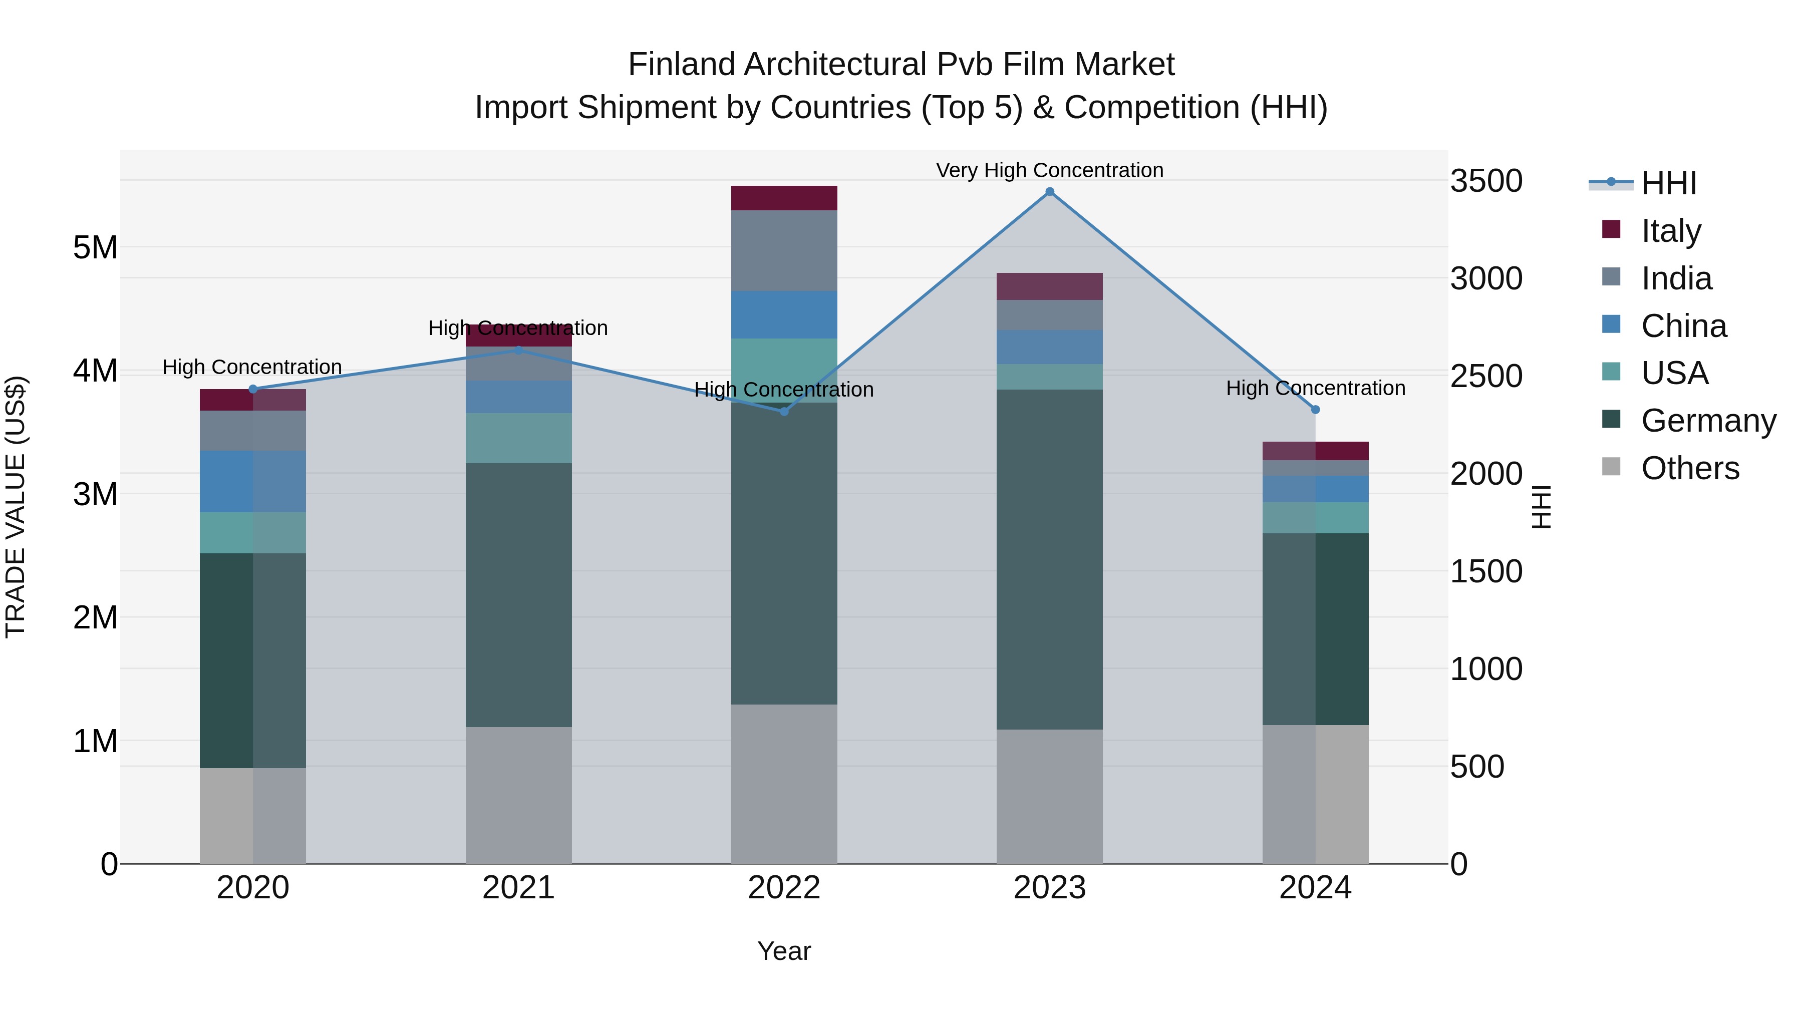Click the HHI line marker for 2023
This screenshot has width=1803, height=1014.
click(x=1049, y=192)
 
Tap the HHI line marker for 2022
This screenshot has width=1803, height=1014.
click(x=784, y=412)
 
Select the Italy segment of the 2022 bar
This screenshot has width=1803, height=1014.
click(x=784, y=198)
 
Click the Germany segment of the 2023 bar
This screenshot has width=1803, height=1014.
click(x=1049, y=560)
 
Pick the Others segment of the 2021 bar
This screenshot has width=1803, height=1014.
click(x=519, y=795)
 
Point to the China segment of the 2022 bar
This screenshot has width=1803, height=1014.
click(x=784, y=315)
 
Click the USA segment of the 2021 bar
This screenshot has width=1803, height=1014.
click(x=519, y=438)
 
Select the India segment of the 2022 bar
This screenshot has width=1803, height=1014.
click(x=784, y=250)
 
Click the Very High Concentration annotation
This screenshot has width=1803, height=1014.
click(x=1049, y=170)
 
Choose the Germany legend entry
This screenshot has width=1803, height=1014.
click(x=1708, y=421)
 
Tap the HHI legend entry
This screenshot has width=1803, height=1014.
click(x=1669, y=183)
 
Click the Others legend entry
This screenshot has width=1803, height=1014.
click(x=1690, y=468)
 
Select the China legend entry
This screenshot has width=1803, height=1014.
click(x=1683, y=326)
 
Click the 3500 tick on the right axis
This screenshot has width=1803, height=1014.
click(x=1485, y=181)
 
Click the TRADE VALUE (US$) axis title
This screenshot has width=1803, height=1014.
click(x=16, y=507)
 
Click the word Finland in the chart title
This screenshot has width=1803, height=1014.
click(x=683, y=65)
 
